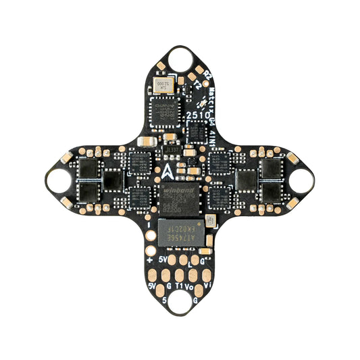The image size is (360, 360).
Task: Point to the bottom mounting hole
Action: pos(179,302)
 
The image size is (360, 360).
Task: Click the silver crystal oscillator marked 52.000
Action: pos(163,84)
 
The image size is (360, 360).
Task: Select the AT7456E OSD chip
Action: pos(180,232)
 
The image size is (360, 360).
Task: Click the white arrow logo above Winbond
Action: pos(169,169)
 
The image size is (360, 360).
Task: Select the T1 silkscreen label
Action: pos(179,286)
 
